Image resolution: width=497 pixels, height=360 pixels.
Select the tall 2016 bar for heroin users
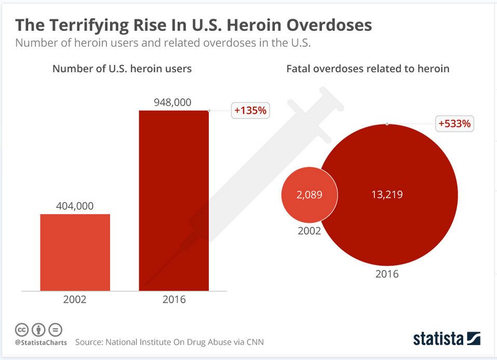pyautogui.click(x=173, y=200)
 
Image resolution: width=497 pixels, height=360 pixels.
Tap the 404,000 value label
pyautogui.click(x=75, y=206)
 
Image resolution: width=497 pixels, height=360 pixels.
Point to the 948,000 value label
pyautogui.click(x=173, y=102)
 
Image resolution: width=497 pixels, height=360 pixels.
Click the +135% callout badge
pyautogui.click(x=250, y=111)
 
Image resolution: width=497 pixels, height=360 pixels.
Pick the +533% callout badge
pyautogui.click(x=454, y=124)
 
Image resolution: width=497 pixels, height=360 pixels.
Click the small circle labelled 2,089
pyautogui.click(x=310, y=195)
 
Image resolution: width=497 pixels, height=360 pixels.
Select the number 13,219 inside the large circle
pyautogui.click(x=387, y=195)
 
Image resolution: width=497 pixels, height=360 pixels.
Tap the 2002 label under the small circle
pyautogui.click(x=309, y=231)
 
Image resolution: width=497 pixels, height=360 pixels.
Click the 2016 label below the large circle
pyautogui.click(x=387, y=274)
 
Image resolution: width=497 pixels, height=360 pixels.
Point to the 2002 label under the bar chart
pyautogui.click(x=75, y=300)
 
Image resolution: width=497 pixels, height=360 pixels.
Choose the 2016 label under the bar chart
pyautogui.click(x=173, y=300)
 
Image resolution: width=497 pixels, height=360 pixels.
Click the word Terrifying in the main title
pyautogui.click(x=85, y=25)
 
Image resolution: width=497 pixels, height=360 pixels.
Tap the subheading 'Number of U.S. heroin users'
pyautogui.click(x=122, y=69)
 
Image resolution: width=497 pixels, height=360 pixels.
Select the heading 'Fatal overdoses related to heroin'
pyautogui.click(x=368, y=69)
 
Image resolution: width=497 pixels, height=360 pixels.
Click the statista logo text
pyautogui.click(x=438, y=339)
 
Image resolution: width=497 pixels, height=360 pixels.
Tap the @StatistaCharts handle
pyautogui.click(x=41, y=342)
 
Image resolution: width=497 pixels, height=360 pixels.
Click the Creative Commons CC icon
pyautogui.click(x=22, y=329)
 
